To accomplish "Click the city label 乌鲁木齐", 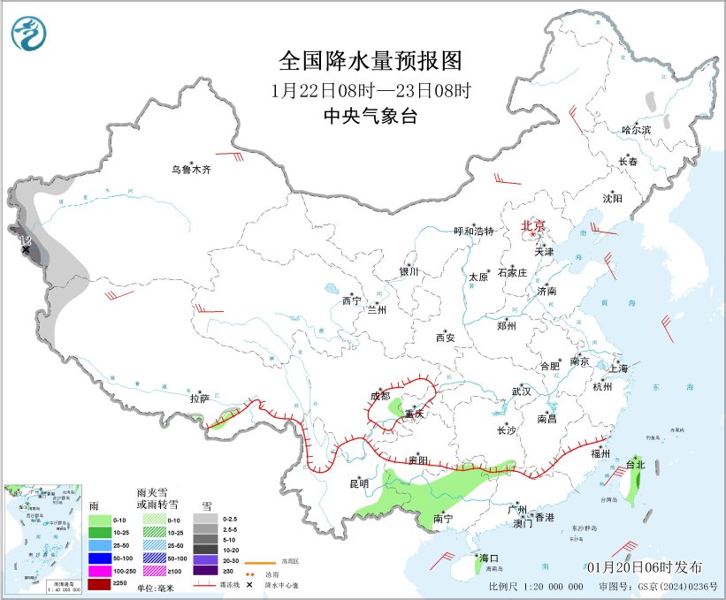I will pyautogui.click(x=192, y=169).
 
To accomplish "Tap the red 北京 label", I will pyautogui.click(x=533, y=225).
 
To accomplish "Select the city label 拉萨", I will pyautogui.click(x=199, y=399).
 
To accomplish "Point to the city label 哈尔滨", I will pyautogui.click(x=635, y=129).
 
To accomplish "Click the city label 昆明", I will pyautogui.click(x=358, y=483).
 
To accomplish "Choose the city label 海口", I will pyautogui.click(x=488, y=558).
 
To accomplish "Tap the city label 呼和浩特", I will pyautogui.click(x=473, y=231).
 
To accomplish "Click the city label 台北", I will pyautogui.click(x=636, y=464).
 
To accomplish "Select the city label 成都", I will pyautogui.click(x=380, y=396).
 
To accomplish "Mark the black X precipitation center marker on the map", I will pyautogui.click(x=26, y=250).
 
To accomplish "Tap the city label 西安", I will pyautogui.click(x=444, y=337).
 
